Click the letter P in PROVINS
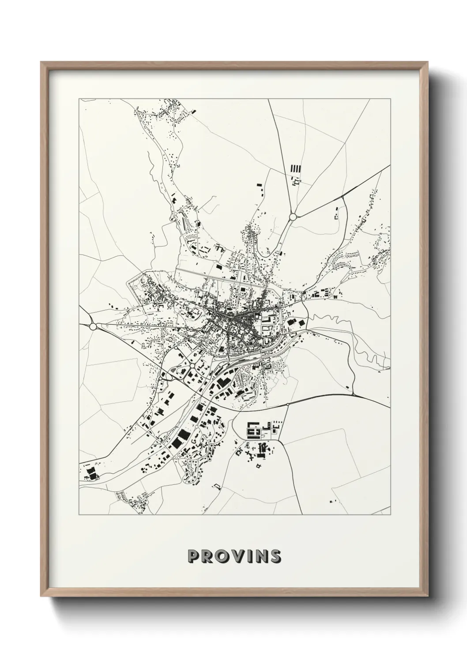[x=193, y=556]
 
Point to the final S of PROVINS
[x=275, y=556]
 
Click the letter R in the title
[x=207, y=556]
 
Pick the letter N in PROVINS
[x=261, y=556]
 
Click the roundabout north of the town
[x=292, y=217]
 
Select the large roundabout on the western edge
[x=93, y=326]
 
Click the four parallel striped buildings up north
[x=295, y=168]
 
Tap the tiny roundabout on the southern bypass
[x=287, y=404]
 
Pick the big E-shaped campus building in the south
[x=253, y=429]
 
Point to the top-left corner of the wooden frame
[x=41, y=62]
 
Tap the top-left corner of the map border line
[x=79, y=99]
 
